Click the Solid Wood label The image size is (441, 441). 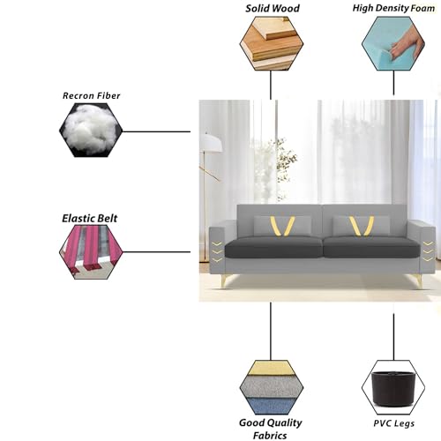click(273, 8)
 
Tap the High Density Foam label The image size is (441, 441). click(393, 8)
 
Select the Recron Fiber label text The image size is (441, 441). click(92, 95)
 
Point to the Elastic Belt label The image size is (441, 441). click(89, 219)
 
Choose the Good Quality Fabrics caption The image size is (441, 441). click(271, 429)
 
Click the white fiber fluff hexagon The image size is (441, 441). click(91, 130)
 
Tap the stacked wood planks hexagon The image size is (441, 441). click(272, 43)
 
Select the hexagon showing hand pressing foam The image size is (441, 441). click(393, 43)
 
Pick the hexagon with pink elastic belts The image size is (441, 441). click(91, 252)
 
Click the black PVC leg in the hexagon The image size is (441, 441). click(393, 387)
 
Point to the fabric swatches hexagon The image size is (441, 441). click(272, 387)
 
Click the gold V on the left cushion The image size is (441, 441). click(282, 227)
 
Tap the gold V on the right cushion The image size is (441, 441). click(362, 226)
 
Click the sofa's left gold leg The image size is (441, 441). click(225, 281)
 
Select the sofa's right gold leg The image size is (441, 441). click(419, 281)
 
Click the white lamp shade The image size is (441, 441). click(211, 143)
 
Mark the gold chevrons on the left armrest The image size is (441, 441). click(217, 252)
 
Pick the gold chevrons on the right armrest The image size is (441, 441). click(428, 251)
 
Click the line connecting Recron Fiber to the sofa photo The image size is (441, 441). click(156, 131)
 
